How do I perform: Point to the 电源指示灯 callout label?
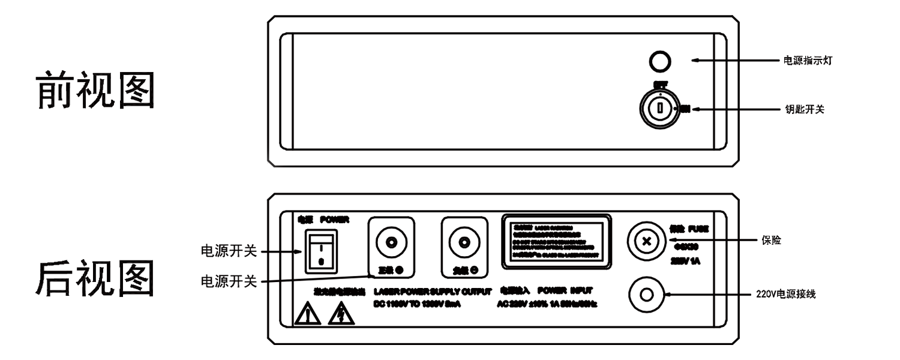pyautogui.click(x=808, y=61)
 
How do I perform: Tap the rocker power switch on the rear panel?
pyautogui.click(x=320, y=250)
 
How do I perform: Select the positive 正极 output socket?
pyautogui.click(x=391, y=242)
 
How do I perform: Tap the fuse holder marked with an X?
pyautogui.click(x=646, y=242)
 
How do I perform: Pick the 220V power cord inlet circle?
pyautogui.click(x=646, y=295)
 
